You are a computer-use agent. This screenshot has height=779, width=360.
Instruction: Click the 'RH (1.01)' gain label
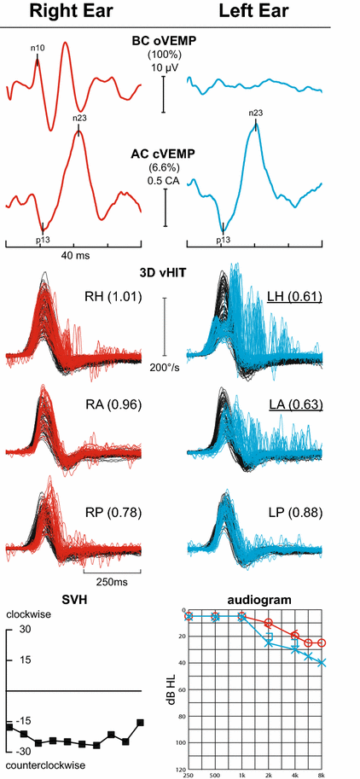pos(114,298)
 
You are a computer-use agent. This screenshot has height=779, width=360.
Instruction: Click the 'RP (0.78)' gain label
pos(114,512)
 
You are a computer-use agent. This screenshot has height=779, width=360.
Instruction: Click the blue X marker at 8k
pos(322,662)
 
